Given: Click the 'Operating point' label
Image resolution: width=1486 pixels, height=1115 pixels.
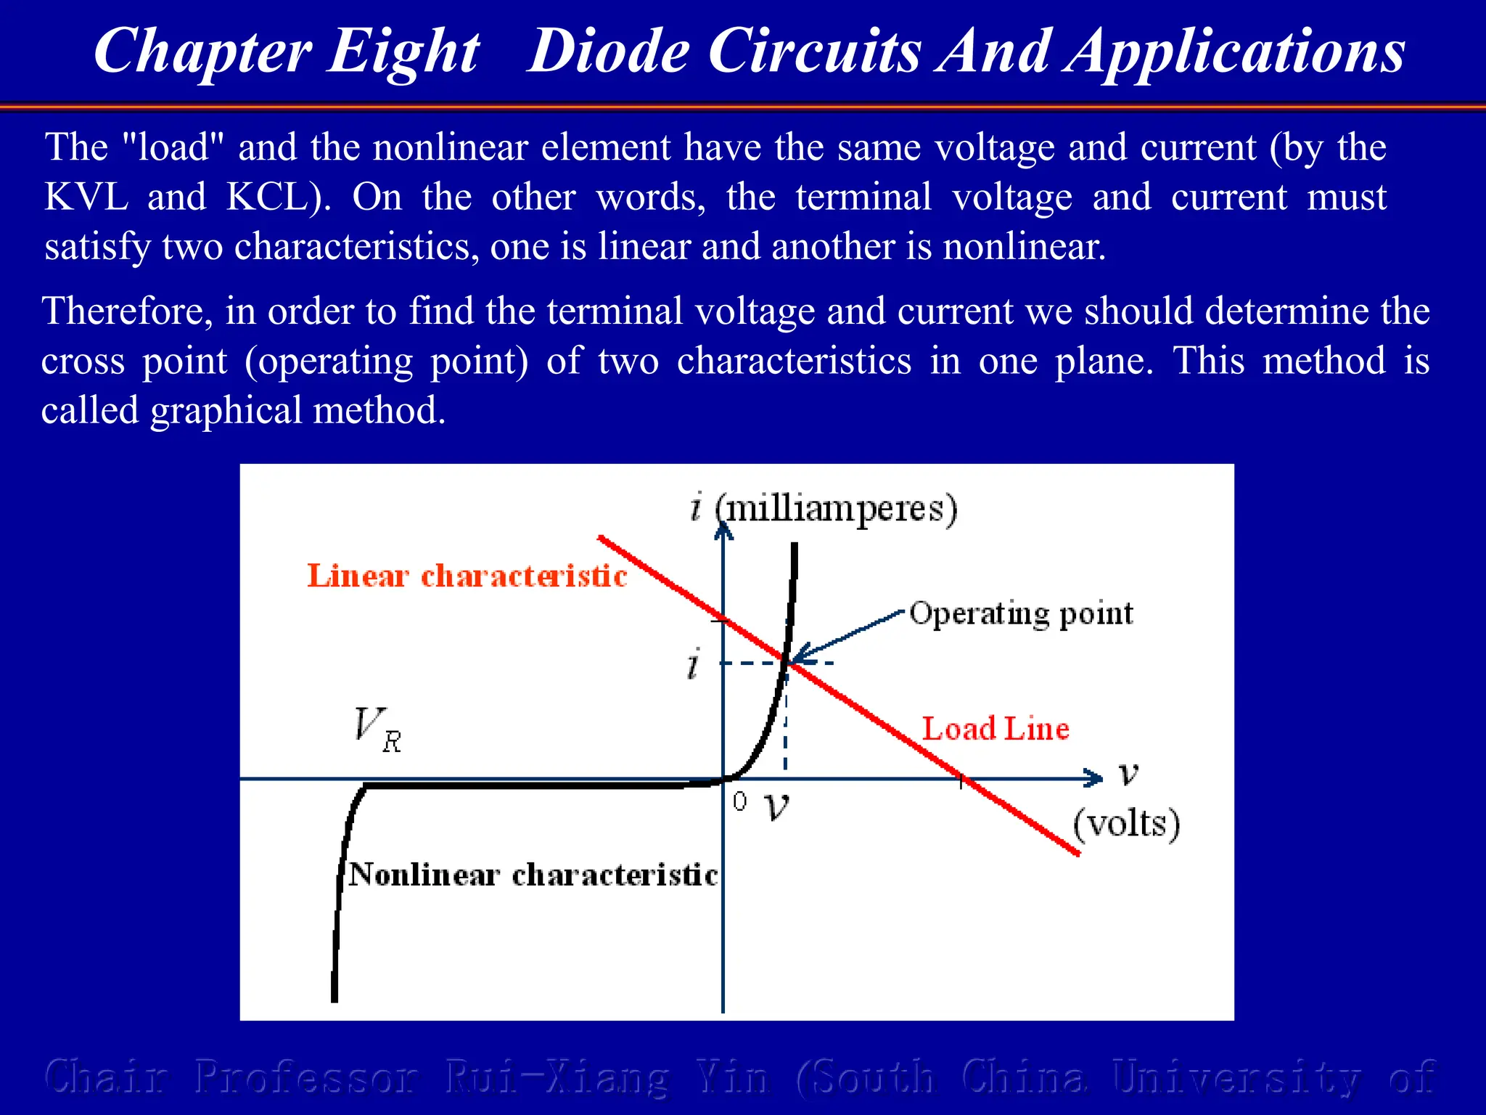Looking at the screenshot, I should [1020, 613].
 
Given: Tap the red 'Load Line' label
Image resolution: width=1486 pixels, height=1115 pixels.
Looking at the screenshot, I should [996, 729].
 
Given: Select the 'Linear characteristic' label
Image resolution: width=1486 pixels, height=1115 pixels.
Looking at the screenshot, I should [467, 576].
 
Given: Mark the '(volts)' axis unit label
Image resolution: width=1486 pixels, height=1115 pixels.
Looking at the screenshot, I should [1126, 824].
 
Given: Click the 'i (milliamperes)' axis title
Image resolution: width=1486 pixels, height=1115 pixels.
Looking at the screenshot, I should [824, 507].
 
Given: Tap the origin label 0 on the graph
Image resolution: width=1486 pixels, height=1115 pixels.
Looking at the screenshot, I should [739, 801].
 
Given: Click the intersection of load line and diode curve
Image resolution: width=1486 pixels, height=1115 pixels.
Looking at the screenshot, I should [787, 661].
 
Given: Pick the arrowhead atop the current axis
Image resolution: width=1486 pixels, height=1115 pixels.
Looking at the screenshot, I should [723, 532].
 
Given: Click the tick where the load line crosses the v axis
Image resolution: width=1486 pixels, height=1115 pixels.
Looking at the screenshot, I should [961, 780].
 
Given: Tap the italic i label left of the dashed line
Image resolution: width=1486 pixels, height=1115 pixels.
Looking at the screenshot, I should [694, 663].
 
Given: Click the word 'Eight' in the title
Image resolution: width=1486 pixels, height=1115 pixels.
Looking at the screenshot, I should [403, 52].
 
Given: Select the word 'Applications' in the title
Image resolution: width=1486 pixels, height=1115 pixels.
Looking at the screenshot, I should [1233, 52].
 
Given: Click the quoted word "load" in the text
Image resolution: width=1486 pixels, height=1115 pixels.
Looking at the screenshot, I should [173, 147].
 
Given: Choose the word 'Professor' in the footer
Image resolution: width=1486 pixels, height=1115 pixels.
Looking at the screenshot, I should [306, 1077].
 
